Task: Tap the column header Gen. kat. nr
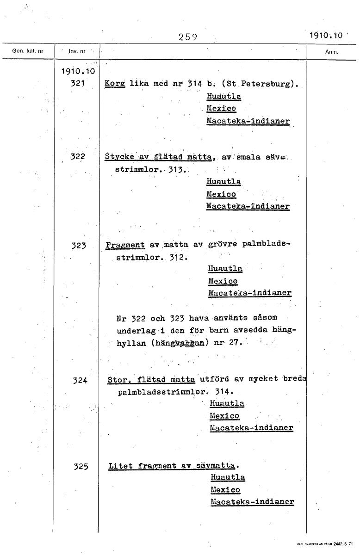point(27,52)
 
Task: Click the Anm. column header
point(331,52)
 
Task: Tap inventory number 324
point(80,381)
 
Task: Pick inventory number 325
point(81,467)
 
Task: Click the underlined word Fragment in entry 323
point(125,245)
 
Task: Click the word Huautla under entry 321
point(223,97)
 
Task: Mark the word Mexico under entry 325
point(225,489)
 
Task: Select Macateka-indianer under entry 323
point(250,293)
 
